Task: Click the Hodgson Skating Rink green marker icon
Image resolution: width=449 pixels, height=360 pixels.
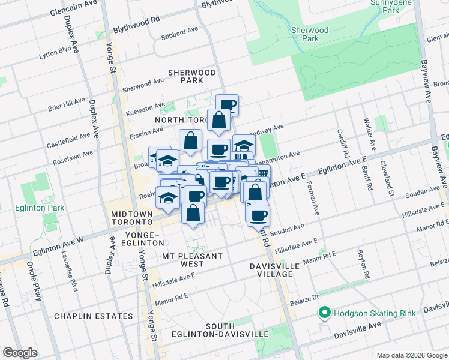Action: pos(325,313)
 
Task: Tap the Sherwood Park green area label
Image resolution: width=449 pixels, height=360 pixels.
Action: pos(310,34)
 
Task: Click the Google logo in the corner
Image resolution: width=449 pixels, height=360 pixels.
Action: pos(20,353)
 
